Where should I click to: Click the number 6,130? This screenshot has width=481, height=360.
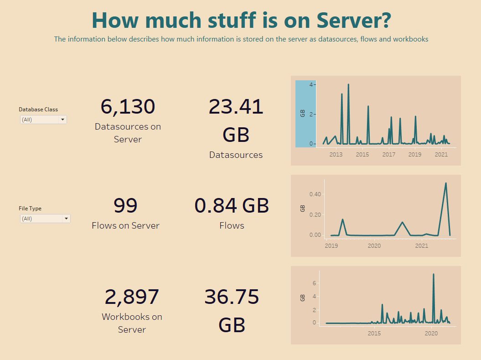(x=128, y=106)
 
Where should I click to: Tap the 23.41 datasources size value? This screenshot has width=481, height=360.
(x=236, y=107)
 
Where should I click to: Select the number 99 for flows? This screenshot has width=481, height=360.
(x=125, y=205)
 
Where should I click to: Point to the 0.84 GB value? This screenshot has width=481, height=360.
(x=232, y=205)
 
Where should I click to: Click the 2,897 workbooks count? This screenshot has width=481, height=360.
(x=132, y=297)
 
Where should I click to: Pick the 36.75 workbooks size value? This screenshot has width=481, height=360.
(x=232, y=297)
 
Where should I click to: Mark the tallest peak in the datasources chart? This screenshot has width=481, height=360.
(x=348, y=84)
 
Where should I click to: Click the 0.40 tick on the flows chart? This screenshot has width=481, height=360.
(x=315, y=194)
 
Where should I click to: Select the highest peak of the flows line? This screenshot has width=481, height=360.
(x=445, y=183)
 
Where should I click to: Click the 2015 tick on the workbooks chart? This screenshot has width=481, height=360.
(x=374, y=334)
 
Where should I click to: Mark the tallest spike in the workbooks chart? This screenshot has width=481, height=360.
(x=433, y=274)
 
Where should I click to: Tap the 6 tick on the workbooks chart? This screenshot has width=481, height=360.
(x=314, y=283)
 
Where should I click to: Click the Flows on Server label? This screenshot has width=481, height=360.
(x=125, y=225)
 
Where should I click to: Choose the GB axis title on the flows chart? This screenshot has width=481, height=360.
(x=302, y=209)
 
